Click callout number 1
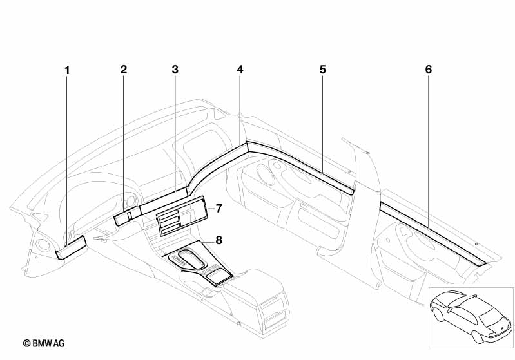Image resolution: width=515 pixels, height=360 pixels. pos(67,69)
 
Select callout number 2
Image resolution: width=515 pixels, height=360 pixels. pos(123,69)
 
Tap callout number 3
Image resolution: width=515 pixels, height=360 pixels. pos(175,69)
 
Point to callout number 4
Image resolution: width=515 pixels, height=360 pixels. pos(240,69)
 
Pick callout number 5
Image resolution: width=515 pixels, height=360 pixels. pos(322,69)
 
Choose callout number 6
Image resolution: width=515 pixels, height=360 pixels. pos(429,69)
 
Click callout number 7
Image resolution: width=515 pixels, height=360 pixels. pos(219,208)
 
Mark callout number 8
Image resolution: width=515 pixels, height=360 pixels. pos(219,240)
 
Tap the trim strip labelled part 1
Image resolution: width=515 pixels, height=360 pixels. pos(71,247)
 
